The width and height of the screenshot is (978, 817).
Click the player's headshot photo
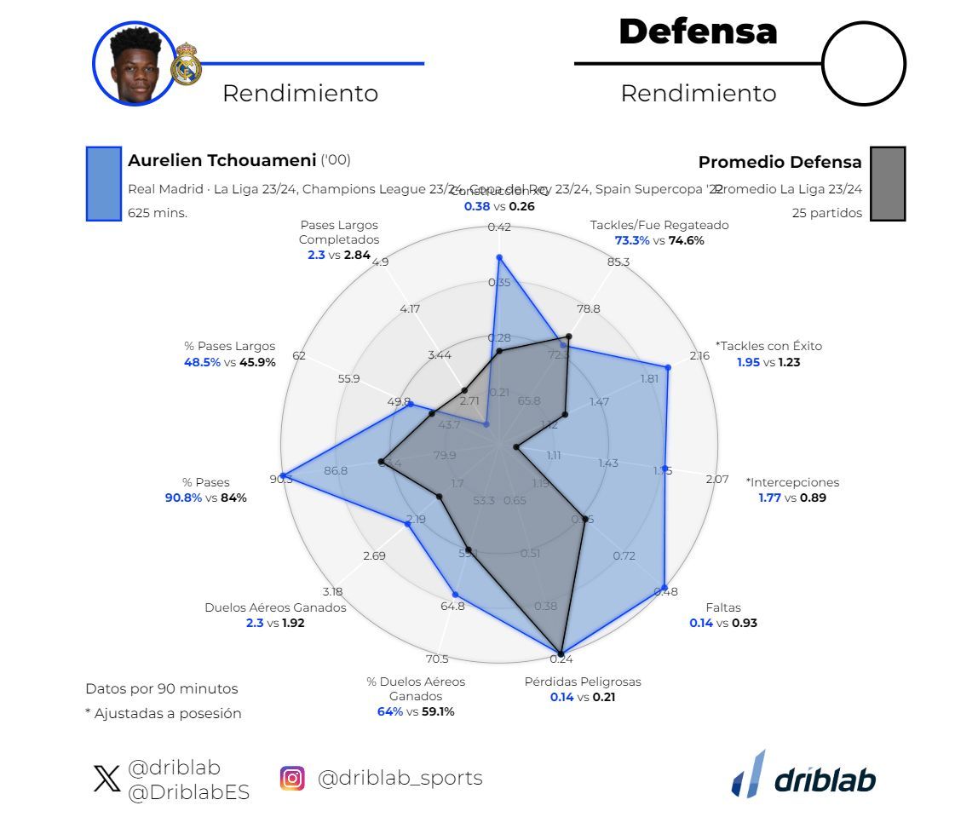pyautogui.click(x=134, y=64)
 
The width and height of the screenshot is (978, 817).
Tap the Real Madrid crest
pyautogui.click(x=186, y=65)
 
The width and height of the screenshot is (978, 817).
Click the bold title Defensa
pyautogui.click(x=698, y=32)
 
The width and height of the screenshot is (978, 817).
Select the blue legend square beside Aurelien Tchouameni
pyautogui.click(x=103, y=183)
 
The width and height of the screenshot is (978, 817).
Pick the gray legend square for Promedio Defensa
pyautogui.click(x=888, y=183)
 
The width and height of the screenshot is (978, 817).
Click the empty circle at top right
pyautogui.click(x=863, y=64)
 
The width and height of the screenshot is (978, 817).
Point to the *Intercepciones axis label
pyautogui.click(x=792, y=482)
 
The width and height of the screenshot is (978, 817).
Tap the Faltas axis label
pyautogui.click(x=723, y=607)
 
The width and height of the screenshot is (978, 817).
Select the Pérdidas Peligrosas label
pyautogui.click(x=583, y=682)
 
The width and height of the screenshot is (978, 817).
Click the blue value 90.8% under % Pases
pyautogui.click(x=183, y=498)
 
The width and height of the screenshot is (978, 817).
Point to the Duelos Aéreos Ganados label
pyautogui.click(x=275, y=607)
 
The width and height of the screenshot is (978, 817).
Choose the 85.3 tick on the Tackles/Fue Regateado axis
pyautogui.click(x=618, y=262)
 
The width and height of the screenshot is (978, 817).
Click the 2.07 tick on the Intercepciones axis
pyautogui.click(x=717, y=479)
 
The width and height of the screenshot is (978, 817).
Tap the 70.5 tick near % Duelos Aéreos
pyautogui.click(x=437, y=659)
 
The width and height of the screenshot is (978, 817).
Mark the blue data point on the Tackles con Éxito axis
pyautogui.click(x=668, y=368)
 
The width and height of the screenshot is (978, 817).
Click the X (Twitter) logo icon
pyautogui.click(x=106, y=779)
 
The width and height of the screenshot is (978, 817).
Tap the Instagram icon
pyautogui.click(x=292, y=778)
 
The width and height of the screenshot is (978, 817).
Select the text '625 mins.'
pyautogui.click(x=158, y=213)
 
